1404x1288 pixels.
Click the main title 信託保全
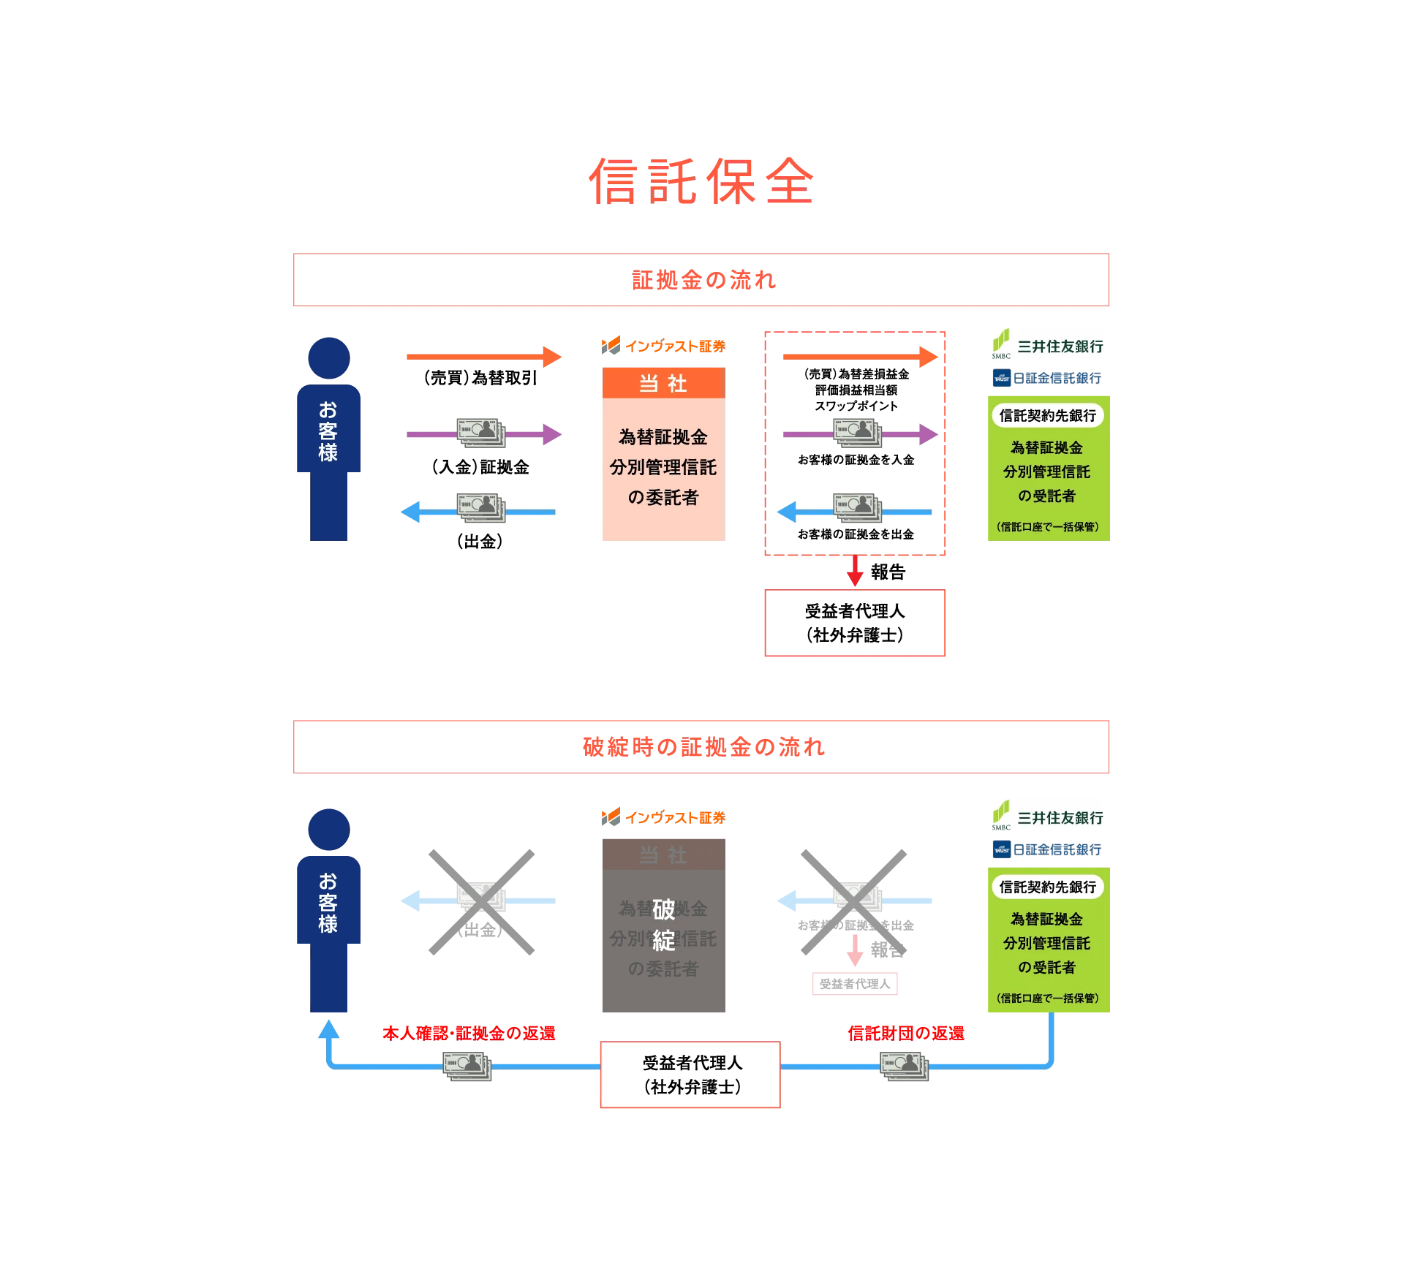click(x=701, y=180)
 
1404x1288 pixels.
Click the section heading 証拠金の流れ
click(x=703, y=280)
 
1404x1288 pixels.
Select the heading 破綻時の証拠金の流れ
click(x=702, y=747)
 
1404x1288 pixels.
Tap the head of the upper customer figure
click(x=328, y=357)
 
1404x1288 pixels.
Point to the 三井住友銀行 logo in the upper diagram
click(x=1046, y=346)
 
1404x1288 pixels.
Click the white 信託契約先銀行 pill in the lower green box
click(x=1047, y=887)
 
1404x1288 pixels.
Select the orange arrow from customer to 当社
click(x=484, y=357)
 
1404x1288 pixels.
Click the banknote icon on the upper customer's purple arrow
click(x=481, y=432)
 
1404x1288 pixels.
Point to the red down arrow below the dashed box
click(x=854, y=572)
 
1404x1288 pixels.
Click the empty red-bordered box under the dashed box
click(x=854, y=623)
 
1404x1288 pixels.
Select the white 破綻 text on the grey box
click(x=663, y=925)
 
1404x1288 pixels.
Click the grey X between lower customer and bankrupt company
click(x=482, y=903)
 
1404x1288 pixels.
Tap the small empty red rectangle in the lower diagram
click(x=854, y=985)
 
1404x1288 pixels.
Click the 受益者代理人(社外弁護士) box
click(x=690, y=1075)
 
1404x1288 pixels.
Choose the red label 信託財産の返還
click(x=905, y=1032)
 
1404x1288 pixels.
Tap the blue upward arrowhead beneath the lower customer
click(x=328, y=1030)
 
